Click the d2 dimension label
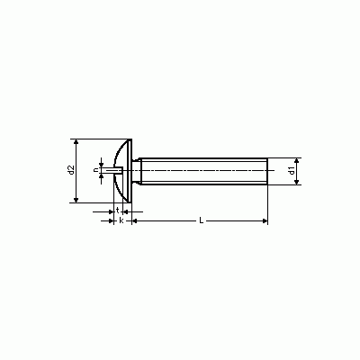(x=71, y=170)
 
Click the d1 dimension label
(x=291, y=171)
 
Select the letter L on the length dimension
(x=202, y=220)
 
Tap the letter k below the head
(x=121, y=220)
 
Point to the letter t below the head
(x=118, y=210)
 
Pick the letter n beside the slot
(x=96, y=170)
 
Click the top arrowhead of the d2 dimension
(x=76, y=141)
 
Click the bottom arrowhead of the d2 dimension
(x=76, y=200)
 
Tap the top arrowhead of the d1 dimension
(x=297, y=160)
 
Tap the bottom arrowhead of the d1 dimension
(x=297, y=182)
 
